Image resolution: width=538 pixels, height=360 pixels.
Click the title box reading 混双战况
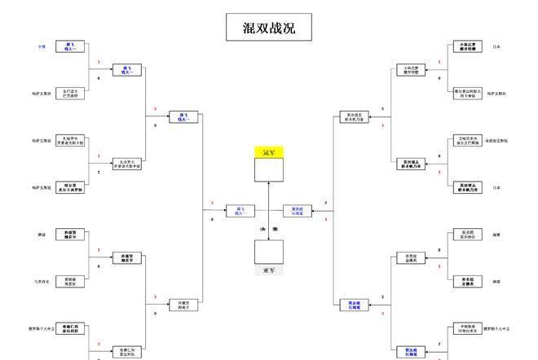[x=269, y=28]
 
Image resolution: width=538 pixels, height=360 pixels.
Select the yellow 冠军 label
[x=269, y=152]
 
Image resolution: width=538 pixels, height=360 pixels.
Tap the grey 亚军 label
[x=269, y=270]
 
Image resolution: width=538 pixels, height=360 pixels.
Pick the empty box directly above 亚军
[x=269, y=252]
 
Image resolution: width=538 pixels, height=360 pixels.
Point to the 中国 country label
[x=42, y=47]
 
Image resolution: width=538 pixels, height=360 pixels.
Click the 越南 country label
[x=496, y=235]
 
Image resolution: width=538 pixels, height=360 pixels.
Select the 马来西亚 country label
[x=42, y=282]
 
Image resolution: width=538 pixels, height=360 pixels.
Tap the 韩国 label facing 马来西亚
[x=42, y=235]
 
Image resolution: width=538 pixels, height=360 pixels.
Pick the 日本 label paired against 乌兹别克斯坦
[x=496, y=187]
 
